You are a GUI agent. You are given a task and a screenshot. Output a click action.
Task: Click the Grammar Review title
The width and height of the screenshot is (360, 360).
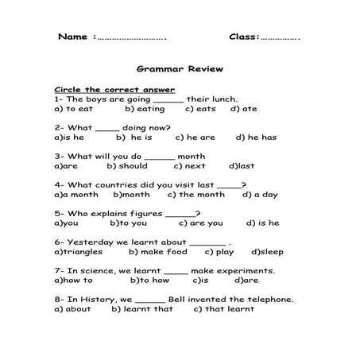pos(180,69)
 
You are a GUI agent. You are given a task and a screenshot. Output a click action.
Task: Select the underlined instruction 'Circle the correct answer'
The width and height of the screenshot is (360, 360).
pos(114,89)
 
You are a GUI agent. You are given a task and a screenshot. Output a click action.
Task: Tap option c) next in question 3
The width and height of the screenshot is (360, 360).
pos(189,166)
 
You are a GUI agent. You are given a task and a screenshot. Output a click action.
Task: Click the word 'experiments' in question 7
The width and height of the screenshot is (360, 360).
pos(247,270)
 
